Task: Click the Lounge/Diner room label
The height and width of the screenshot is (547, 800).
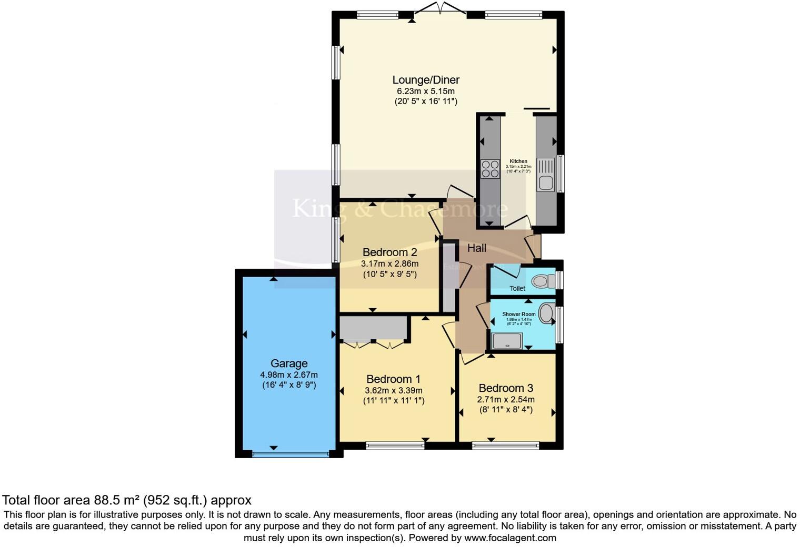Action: click(x=426, y=80)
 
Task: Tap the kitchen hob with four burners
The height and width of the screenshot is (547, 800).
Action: click(x=490, y=169)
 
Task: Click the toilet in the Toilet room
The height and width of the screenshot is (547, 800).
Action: click(x=543, y=281)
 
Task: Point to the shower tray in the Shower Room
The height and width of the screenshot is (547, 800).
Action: click(x=506, y=341)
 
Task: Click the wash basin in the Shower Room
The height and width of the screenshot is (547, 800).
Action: click(x=547, y=315)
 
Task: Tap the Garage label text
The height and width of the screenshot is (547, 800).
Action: click(x=289, y=363)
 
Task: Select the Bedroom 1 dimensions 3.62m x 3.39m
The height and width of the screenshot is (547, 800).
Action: click(x=394, y=391)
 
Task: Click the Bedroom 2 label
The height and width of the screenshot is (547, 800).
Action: click(x=389, y=252)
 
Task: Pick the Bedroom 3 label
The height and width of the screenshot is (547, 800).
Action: click(x=505, y=388)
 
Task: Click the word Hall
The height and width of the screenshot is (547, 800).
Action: click(x=477, y=248)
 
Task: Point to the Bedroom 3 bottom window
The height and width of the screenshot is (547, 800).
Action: click(x=505, y=446)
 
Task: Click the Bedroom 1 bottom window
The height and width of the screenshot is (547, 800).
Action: click(x=395, y=446)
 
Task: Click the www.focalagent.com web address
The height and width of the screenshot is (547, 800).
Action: click(x=510, y=538)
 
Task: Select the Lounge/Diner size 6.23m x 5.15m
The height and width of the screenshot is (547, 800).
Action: click(x=426, y=91)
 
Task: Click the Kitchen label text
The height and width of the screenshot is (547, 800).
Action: click(x=518, y=161)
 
